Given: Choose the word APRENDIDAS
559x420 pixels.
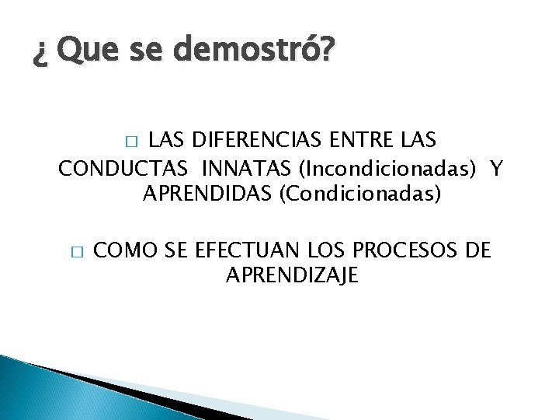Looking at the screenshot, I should click(x=205, y=192).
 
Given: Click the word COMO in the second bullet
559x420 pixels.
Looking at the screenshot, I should click(x=127, y=250).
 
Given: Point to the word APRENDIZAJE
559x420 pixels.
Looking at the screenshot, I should click(x=292, y=275).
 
